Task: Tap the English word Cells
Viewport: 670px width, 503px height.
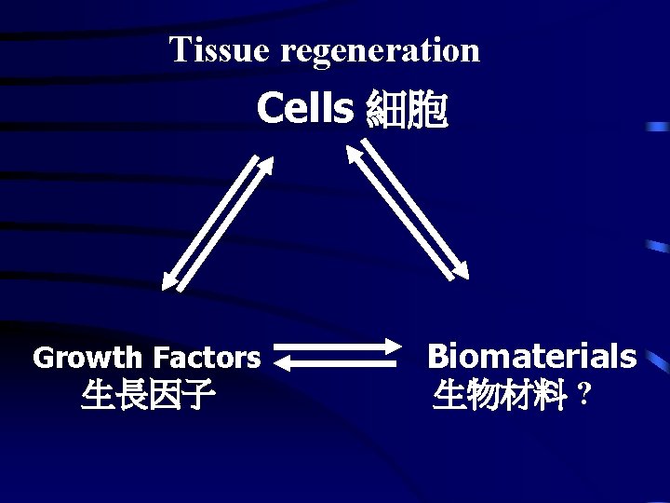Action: coord(304,109)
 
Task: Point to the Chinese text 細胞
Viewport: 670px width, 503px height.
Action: coord(408,111)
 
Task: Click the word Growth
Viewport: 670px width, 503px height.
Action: coord(88,358)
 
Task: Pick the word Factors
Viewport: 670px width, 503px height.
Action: coord(207,358)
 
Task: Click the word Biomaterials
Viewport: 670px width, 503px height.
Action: coord(531,356)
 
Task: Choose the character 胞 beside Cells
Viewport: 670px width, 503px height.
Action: coord(428,111)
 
